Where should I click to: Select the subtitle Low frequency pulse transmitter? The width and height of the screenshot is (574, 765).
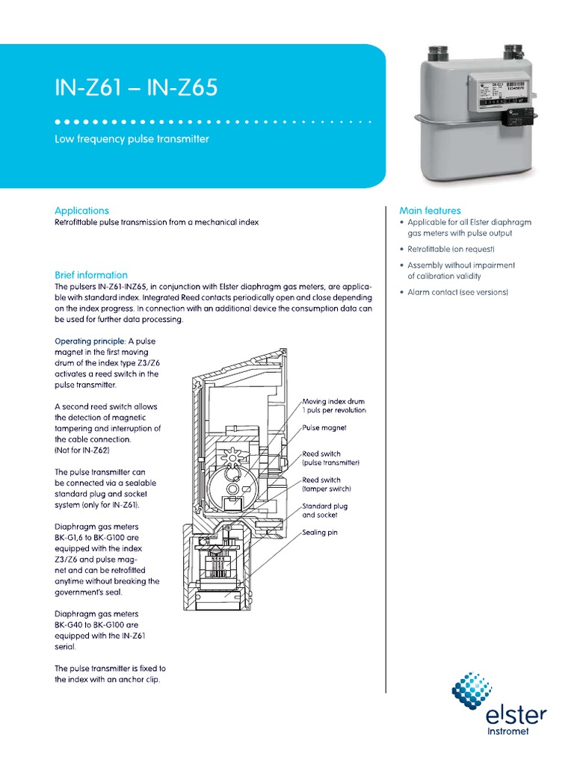point(132,139)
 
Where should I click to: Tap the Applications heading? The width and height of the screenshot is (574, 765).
point(82,211)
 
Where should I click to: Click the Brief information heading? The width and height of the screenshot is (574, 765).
point(91,275)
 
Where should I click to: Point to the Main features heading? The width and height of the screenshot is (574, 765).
point(430,211)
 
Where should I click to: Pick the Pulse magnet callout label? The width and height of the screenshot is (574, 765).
point(324,429)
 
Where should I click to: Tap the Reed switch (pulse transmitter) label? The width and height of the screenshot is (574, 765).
point(330,458)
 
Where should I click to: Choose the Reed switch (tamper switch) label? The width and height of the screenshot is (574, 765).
point(326,484)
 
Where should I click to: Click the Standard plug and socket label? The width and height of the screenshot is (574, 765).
point(324,510)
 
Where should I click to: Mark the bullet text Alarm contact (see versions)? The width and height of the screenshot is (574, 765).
point(457,292)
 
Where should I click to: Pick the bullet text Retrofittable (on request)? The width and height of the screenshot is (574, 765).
point(451,249)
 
